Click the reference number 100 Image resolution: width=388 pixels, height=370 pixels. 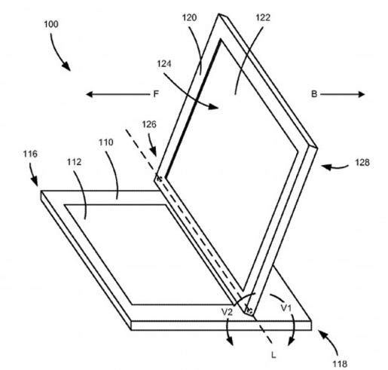[x=51, y=24]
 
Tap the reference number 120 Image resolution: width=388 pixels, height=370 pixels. [x=189, y=18]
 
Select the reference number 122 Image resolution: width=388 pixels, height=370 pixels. [x=263, y=18]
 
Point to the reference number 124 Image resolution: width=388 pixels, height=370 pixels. [x=164, y=64]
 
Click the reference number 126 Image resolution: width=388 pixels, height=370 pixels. [x=149, y=124]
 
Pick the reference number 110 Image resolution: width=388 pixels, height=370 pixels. [x=105, y=142]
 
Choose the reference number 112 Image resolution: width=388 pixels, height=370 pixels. [x=74, y=162]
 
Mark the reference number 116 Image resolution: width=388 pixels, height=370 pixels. [x=30, y=154]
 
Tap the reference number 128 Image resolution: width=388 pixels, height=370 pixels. [x=362, y=163]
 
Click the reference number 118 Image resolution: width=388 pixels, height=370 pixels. [x=340, y=364]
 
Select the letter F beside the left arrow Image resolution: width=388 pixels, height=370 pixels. [x=156, y=94]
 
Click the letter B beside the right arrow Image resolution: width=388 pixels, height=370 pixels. [x=314, y=94]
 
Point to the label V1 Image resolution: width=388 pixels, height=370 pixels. [x=286, y=307]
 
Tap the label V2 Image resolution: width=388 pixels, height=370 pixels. [x=228, y=312]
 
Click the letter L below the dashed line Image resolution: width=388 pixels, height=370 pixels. [x=273, y=355]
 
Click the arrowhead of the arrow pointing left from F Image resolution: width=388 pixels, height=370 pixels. [x=90, y=94]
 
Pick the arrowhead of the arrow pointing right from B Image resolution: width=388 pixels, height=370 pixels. [x=361, y=94]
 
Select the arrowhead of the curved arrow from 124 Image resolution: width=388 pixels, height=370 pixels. [x=213, y=106]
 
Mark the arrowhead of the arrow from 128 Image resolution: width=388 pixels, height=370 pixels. [x=325, y=167]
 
